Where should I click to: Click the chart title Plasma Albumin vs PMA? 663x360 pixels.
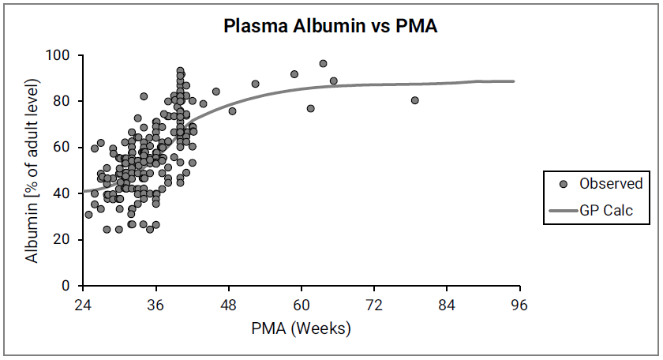pos(331,26)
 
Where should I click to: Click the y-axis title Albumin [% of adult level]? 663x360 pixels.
pos(32,171)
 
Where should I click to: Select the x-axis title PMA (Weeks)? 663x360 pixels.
pos(302,328)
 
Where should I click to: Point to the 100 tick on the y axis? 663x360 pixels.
pos(62,56)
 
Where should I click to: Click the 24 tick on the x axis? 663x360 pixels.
pos(83,305)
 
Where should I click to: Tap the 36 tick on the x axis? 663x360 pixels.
pos(155,305)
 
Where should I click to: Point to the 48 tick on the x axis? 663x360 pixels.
pos(229,305)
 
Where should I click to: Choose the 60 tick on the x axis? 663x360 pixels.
pos(302,305)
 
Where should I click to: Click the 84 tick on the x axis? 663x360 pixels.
pos(448,305)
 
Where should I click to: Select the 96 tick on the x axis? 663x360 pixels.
pos(520,305)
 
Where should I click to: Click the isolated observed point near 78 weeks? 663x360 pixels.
pos(415,100)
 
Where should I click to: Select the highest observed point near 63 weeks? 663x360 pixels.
pos(323,64)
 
